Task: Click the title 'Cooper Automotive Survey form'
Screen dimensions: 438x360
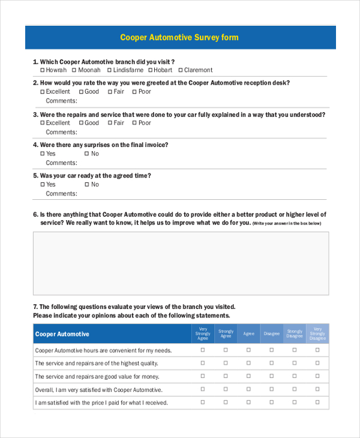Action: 179,37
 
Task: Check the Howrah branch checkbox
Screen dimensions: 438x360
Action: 43,70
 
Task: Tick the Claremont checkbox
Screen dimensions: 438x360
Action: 179,70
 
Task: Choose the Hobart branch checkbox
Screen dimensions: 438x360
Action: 150,70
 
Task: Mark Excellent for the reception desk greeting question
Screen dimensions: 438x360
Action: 43,92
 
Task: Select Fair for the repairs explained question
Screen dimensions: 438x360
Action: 110,123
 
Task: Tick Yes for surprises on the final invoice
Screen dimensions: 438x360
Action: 43,154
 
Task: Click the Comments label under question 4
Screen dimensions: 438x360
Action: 61,163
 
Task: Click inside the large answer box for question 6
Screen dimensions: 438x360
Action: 181,263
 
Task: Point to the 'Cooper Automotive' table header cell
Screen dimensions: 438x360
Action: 62,334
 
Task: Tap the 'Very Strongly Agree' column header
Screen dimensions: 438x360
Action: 203,334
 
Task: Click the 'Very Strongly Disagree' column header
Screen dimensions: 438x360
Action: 317,334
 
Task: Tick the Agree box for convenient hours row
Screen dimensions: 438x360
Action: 248,350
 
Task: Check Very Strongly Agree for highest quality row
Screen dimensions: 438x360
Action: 203,363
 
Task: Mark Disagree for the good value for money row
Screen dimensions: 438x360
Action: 271,376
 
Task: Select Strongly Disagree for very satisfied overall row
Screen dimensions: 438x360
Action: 295,389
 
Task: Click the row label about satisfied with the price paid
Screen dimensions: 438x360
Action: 101,403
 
